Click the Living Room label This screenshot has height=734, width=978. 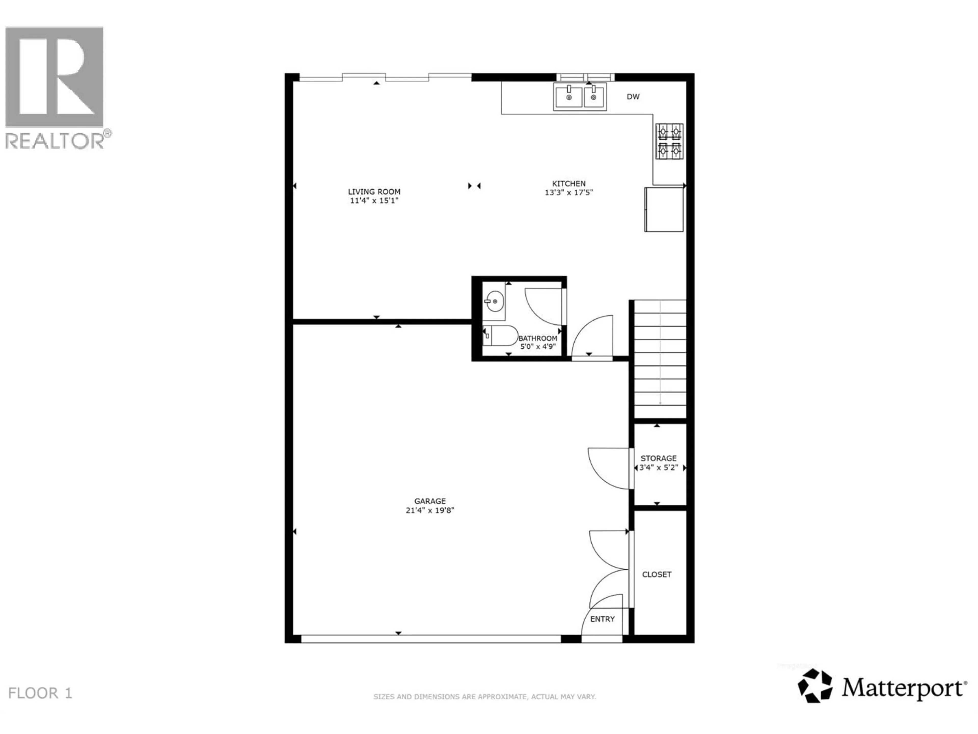point(374,192)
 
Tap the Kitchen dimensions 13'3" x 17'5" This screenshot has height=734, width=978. point(568,192)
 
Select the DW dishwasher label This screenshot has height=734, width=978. point(633,96)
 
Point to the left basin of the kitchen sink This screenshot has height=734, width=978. point(568,97)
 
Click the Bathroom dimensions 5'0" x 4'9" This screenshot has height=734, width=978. point(538,346)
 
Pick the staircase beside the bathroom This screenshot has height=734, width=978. point(660,358)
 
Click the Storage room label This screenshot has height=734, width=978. point(658,458)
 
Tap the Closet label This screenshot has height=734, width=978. point(657,574)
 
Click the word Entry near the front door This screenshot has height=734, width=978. point(602,619)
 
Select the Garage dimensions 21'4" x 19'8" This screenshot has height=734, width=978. point(430,510)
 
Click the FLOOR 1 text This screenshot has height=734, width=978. point(40,693)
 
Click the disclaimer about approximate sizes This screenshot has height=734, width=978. point(485,697)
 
